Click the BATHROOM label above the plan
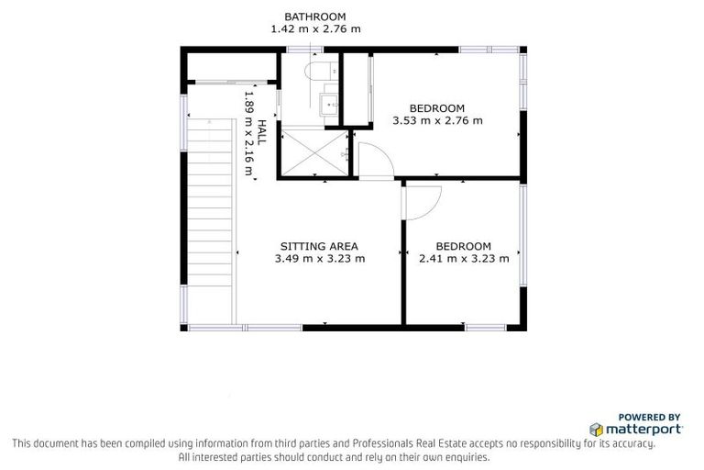pos(314,17)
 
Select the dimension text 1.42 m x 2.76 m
pos(314,29)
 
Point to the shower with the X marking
pos(314,153)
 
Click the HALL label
pos(261,132)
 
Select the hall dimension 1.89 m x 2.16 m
pos(247,131)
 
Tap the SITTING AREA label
pos(318,246)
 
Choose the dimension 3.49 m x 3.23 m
pos(319,259)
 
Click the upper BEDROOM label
pos(436,107)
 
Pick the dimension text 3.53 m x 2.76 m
pos(436,120)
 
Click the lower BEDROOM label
pos(463,246)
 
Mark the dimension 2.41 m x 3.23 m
pos(463,259)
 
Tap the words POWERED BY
pos(649,416)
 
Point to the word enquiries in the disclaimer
pos(465,456)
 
